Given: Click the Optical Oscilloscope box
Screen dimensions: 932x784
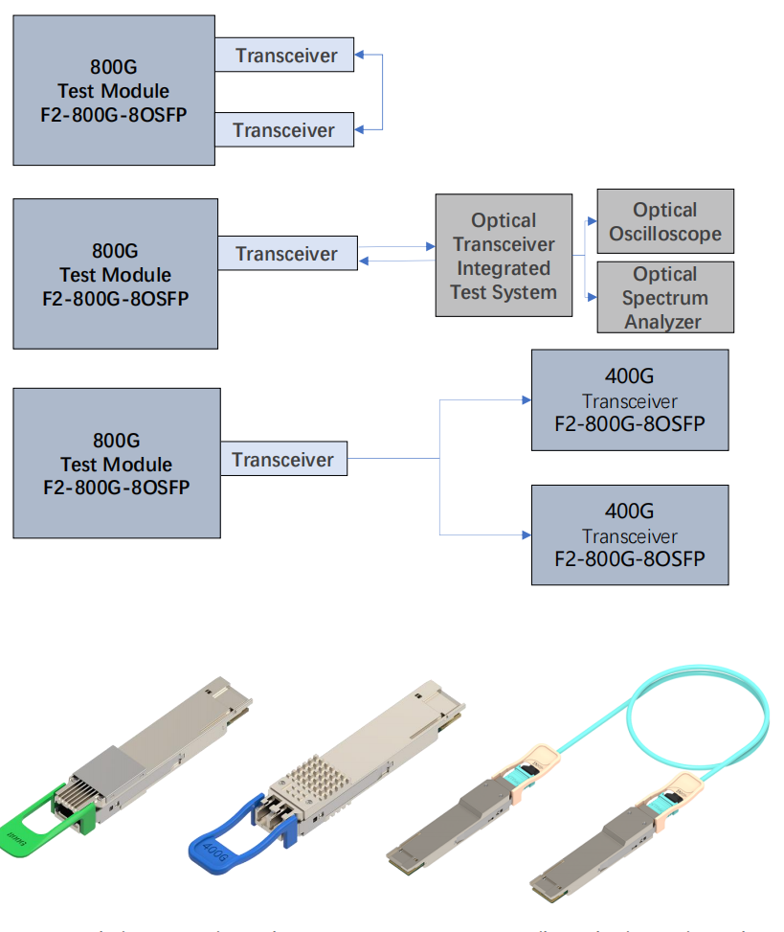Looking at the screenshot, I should (664, 221).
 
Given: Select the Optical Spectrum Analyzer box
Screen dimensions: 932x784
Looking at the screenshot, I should (664, 297).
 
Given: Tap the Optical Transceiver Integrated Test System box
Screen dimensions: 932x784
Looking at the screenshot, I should (504, 256).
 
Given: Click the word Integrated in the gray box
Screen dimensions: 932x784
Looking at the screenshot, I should (504, 268).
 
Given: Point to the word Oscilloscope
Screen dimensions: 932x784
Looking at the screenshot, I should (665, 233).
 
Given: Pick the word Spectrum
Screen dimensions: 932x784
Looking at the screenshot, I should (665, 298).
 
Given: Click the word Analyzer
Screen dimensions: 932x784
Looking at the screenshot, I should (663, 321).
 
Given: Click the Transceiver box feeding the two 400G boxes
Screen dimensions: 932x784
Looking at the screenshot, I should (283, 459).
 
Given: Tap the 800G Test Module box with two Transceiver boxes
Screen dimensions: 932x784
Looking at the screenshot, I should (114, 91).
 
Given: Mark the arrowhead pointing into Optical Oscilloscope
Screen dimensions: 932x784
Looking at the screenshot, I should (593, 219).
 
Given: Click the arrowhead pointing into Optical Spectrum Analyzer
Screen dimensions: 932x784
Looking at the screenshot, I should (593, 297).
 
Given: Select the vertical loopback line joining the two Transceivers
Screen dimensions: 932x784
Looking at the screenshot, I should (382, 91).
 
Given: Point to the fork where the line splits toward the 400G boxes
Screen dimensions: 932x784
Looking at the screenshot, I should (439, 459).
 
